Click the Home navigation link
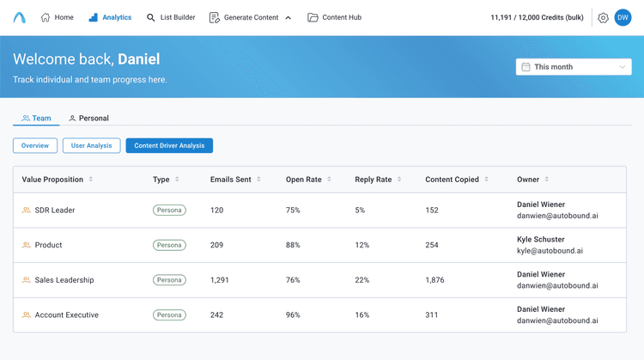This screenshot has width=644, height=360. (x=58, y=17)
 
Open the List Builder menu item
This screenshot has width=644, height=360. (x=171, y=17)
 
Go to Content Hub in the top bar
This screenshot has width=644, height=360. (x=334, y=17)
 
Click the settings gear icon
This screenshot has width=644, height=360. (x=603, y=17)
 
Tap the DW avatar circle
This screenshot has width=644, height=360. (x=623, y=17)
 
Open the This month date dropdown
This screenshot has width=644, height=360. (x=574, y=67)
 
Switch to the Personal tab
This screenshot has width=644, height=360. (x=89, y=118)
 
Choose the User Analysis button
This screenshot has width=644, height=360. (x=91, y=146)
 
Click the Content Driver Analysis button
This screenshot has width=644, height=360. (x=169, y=146)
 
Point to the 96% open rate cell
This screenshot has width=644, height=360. (x=293, y=315)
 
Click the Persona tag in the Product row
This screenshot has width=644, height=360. (x=169, y=245)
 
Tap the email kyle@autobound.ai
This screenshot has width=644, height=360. (x=550, y=251)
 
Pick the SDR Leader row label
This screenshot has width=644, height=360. (x=54, y=210)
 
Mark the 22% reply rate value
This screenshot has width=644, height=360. (x=362, y=280)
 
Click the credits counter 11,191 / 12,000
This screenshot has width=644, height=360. (x=537, y=17)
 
